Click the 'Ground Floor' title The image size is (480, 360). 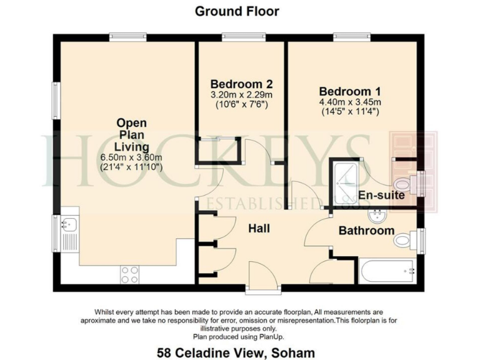[237, 11]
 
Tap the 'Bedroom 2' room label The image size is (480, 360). [241, 84]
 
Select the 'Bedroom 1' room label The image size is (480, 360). [349, 90]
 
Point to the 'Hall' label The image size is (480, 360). [259, 229]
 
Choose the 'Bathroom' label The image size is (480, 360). [366, 231]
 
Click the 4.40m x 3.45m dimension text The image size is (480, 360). [349, 102]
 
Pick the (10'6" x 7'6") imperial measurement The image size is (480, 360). [241, 104]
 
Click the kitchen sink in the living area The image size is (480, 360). [67, 224]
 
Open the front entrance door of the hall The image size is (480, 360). [258, 275]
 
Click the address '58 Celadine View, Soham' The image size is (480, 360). [238, 351]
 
